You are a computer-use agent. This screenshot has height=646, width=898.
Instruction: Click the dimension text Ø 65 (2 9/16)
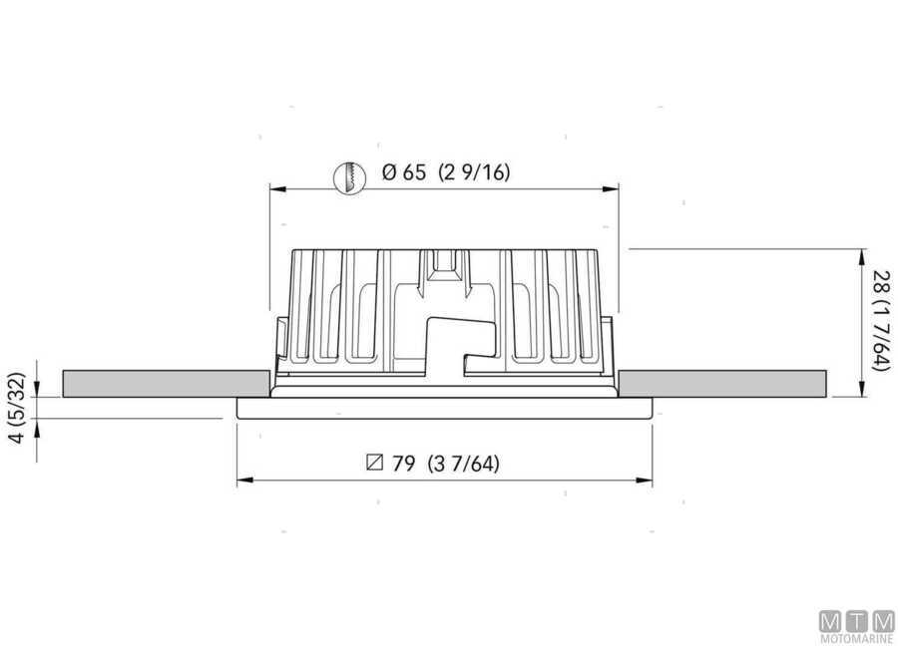(x=446, y=172)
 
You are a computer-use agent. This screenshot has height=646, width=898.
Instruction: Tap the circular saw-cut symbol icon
(x=346, y=177)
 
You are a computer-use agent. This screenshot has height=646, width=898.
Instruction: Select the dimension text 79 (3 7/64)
(x=445, y=464)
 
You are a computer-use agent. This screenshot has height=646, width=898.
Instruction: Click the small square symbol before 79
(x=375, y=464)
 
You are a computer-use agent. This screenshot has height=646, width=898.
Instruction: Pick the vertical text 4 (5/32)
(x=16, y=409)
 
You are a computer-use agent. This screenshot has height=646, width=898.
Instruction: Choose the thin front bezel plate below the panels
(x=444, y=409)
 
